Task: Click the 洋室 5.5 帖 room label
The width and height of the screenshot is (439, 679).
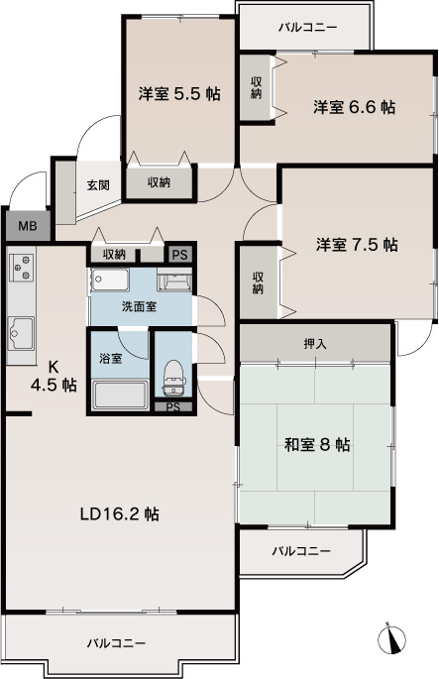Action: click(x=179, y=93)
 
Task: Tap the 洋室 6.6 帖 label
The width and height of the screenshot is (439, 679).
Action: click(x=354, y=107)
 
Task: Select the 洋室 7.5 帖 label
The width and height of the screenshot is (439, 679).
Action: click(x=357, y=245)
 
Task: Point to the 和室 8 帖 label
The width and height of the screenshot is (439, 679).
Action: click(x=317, y=445)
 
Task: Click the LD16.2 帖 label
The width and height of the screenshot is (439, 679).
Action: click(x=120, y=514)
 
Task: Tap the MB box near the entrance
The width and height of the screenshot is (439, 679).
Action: click(x=28, y=226)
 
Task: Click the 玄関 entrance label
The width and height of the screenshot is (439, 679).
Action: click(x=98, y=185)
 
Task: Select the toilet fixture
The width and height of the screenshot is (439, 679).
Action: click(x=174, y=378)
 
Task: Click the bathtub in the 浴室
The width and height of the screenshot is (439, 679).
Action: click(x=120, y=395)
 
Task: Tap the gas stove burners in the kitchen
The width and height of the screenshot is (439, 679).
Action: click(x=22, y=267)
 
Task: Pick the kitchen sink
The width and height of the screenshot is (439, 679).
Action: click(x=21, y=333)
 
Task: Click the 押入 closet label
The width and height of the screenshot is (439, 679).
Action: click(x=315, y=344)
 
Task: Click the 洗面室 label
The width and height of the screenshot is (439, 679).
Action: click(x=139, y=306)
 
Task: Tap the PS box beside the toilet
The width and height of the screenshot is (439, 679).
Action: click(x=173, y=407)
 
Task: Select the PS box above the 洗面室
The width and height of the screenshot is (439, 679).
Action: click(x=180, y=255)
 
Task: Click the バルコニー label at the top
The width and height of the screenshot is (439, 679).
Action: click(x=307, y=29)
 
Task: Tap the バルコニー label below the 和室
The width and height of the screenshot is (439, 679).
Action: click(x=301, y=551)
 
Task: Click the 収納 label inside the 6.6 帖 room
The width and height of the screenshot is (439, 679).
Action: click(x=257, y=88)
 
